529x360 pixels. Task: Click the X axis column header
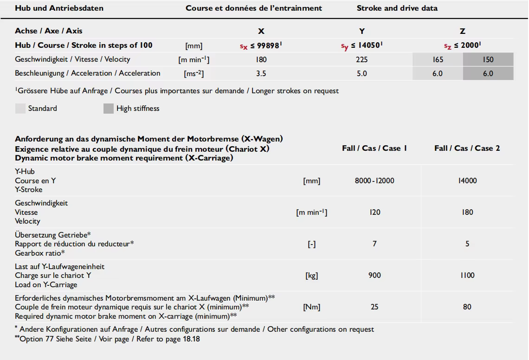click(x=261, y=31)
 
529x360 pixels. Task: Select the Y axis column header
click(x=362, y=31)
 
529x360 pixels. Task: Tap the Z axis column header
click(x=463, y=31)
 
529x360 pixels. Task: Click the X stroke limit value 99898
click(x=263, y=45)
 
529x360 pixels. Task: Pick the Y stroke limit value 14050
click(x=364, y=45)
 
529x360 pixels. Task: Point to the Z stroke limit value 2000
click(x=464, y=45)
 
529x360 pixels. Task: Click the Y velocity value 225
click(x=362, y=59)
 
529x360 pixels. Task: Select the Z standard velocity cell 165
click(x=438, y=59)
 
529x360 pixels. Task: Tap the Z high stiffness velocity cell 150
click(x=488, y=59)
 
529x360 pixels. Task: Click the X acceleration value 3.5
click(x=261, y=73)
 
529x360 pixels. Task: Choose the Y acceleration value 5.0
click(x=362, y=73)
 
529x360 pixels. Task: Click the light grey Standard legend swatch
click(x=20, y=109)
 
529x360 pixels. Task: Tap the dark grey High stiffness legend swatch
click(x=108, y=109)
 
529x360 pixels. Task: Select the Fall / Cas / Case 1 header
click(x=374, y=148)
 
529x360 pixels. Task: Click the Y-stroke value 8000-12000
click(x=374, y=180)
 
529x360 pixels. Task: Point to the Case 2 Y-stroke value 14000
click(x=467, y=180)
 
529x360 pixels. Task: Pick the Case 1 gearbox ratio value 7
click(x=374, y=244)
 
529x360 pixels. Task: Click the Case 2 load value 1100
click(x=467, y=275)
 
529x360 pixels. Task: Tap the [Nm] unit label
click(x=311, y=307)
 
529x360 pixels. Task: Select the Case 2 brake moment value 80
click(x=467, y=307)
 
